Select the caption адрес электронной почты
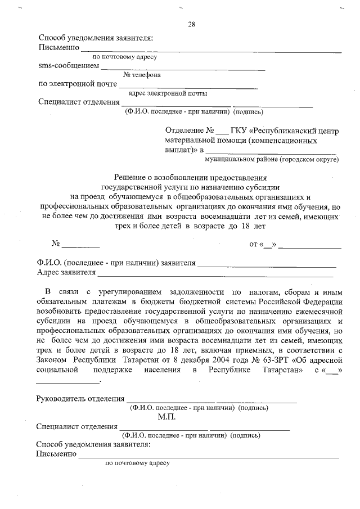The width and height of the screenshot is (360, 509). (167, 93)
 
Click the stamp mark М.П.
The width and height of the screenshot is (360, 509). (167, 417)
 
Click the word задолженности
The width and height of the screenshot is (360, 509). (196, 292)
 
